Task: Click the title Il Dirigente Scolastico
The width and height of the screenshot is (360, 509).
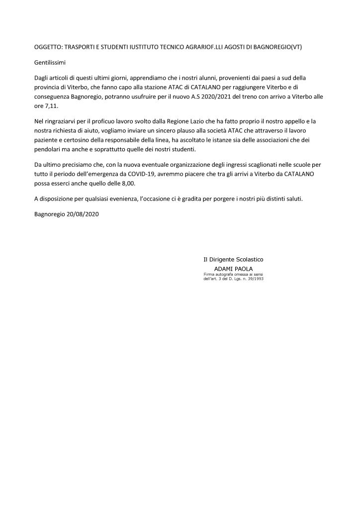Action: tap(233, 260)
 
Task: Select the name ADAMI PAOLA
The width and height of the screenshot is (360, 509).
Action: tap(233, 269)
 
